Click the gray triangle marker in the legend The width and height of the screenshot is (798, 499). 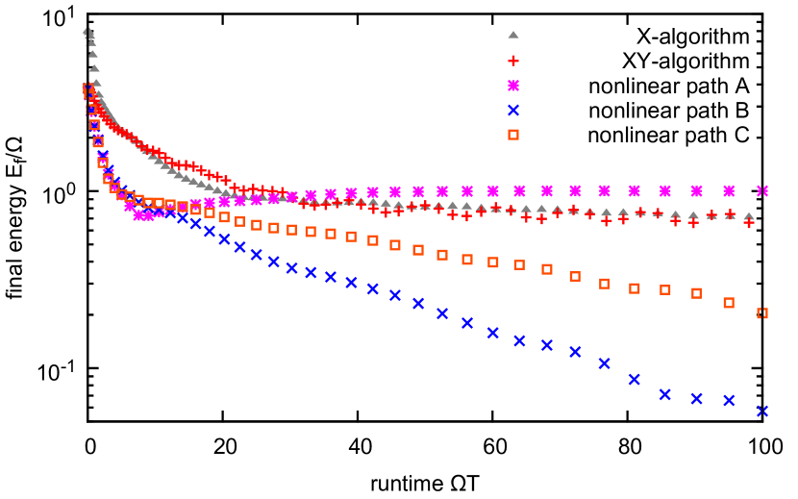513,35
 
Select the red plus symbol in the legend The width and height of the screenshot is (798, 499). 513,61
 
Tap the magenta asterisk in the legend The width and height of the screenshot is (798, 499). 513,86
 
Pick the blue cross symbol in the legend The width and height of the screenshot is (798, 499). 513,111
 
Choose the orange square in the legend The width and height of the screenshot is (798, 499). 513,135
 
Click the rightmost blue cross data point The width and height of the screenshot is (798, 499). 762,412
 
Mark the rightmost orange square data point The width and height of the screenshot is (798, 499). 762,313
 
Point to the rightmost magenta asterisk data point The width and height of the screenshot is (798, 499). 762,191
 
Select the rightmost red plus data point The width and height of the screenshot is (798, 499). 749,222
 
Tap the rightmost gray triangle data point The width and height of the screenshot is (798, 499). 749,217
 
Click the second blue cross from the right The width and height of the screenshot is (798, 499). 730,400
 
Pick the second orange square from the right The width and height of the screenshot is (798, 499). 729,303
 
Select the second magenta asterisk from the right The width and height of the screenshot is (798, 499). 729,191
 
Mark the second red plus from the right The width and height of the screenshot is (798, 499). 730,214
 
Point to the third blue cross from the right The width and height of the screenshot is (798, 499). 697,398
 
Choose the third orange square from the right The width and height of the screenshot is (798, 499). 697,293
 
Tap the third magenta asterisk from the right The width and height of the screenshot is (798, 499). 696,191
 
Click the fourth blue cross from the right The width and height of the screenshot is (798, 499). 665,394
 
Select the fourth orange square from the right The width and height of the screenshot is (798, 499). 665,289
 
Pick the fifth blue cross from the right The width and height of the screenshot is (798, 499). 635,380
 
